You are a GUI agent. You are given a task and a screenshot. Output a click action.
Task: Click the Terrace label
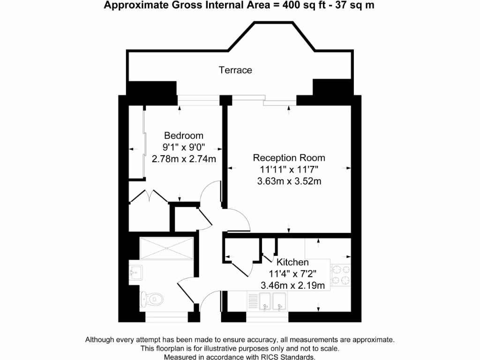[235, 70]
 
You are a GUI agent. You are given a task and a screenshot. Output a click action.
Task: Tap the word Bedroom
[184, 135]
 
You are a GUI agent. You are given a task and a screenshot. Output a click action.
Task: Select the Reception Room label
[289, 157]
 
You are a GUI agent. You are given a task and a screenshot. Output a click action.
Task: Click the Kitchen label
[292, 262]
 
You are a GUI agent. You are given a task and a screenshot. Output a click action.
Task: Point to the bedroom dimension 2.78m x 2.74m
[184, 159]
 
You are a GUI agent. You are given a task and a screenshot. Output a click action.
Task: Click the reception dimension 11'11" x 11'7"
[289, 169]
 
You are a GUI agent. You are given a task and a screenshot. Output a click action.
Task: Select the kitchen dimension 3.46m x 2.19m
[292, 285]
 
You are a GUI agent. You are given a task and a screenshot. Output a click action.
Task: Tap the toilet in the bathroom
[152, 298]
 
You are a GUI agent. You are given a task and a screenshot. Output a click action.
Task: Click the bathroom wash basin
[135, 271]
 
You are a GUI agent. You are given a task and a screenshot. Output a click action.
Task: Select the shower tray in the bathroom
[166, 247]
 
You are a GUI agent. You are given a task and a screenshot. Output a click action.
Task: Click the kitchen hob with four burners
[341, 275]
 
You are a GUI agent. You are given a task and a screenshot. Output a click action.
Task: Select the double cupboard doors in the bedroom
[149, 196]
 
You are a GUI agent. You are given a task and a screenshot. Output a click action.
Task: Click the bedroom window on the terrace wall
[199, 98]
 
